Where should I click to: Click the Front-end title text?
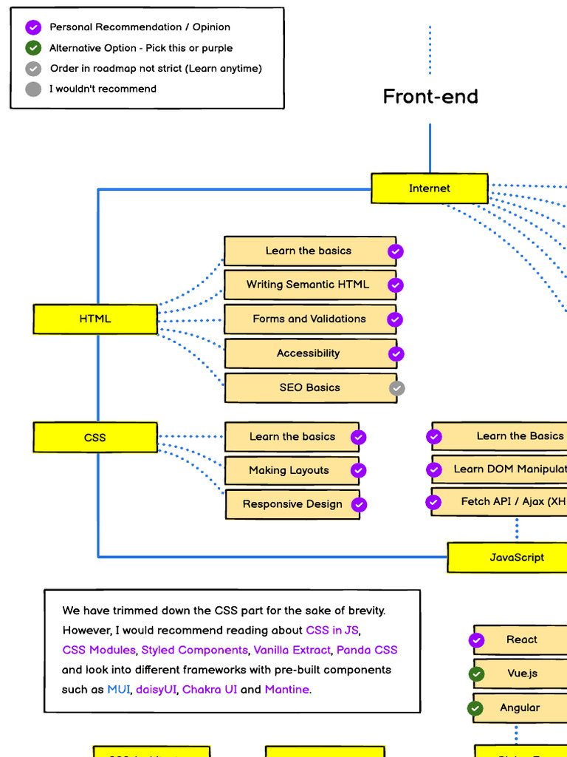click(x=430, y=96)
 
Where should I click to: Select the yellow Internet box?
click(x=429, y=189)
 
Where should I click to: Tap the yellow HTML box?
click(x=94, y=319)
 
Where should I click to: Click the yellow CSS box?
click(x=94, y=438)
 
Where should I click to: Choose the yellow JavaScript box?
click(x=516, y=557)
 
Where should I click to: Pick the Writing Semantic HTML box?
click(x=309, y=285)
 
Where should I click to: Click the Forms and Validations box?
click(x=309, y=319)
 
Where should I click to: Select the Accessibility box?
click(x=309, y=353)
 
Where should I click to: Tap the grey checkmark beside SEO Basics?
click(x=397, y=388)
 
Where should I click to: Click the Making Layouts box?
click(x=289, y=470)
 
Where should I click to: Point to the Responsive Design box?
click(x=292, y=504)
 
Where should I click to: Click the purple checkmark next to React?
click(x=477, y=640)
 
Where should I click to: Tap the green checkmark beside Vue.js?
click(x=477, y=674)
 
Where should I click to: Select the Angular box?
click(x=520, y=707)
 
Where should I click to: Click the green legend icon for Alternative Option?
click(x=33, y=48)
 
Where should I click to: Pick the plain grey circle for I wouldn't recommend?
click(x=33, y=89)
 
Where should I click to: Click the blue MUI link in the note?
click(x=118, y=689)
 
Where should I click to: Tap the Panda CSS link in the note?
click(x=367, y=650)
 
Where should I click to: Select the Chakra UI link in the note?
click(x=210, y=689)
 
